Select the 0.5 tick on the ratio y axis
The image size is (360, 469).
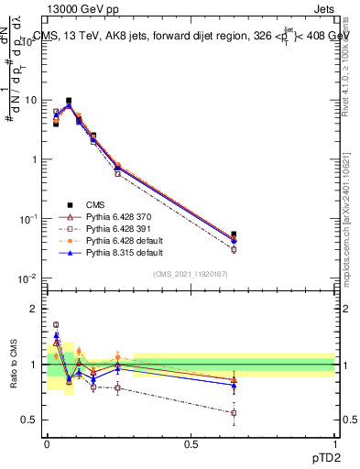34,420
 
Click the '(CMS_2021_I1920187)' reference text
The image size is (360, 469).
190,273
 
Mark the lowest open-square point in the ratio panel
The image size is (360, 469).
234,413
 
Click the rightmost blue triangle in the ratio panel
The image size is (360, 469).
234,385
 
